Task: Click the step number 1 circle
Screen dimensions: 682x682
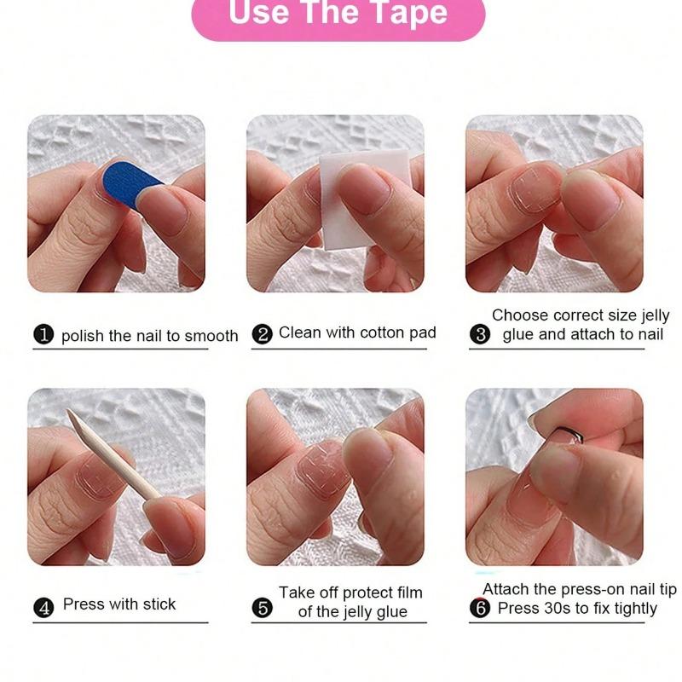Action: tap(43, 334)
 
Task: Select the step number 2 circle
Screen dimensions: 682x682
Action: tap(263, 334)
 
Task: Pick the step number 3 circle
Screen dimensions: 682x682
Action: tap(480, 334)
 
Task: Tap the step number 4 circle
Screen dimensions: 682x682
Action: tap(43, 608)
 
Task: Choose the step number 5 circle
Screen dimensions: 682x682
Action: tap(263, 608)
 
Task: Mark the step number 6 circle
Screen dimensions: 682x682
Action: tap(480, 608)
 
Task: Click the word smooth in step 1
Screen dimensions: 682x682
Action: tap(211, 336)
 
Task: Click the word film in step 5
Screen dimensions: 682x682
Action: tap(408, 592)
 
